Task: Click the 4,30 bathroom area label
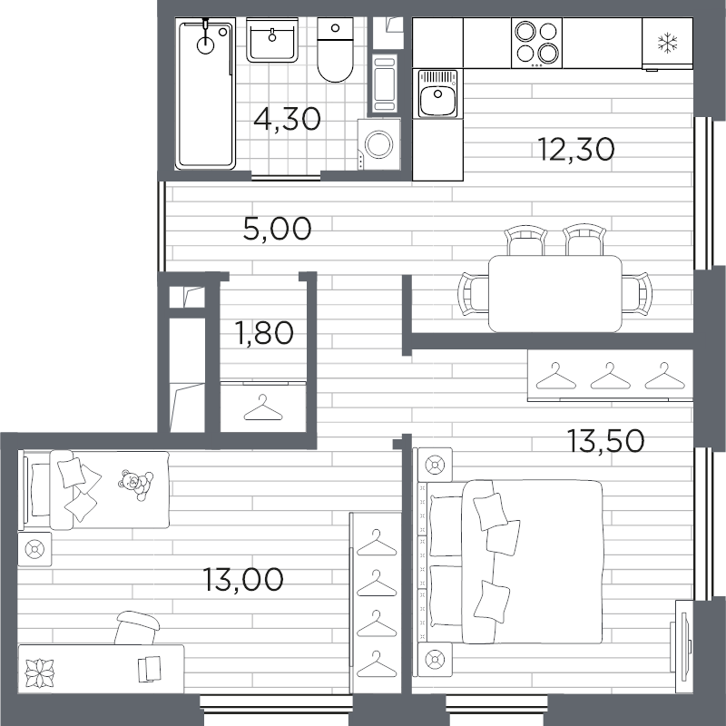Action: [287, 119]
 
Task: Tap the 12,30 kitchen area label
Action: [576, 149]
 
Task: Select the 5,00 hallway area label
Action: [277, 229]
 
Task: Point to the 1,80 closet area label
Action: [264, 332]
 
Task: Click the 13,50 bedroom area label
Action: [605, 440]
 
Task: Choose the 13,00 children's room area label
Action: [243, 579]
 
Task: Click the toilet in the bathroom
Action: [335, 50]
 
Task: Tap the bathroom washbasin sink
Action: [272, 40]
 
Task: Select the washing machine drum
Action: [378, 144]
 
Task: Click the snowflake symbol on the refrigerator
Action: [667, 43]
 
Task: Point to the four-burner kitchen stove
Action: [536, 43]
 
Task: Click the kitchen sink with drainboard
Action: [437, 93]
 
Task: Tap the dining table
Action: [555, 293]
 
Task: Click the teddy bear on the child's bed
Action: [135, 485]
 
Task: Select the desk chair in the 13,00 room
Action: [137, 628]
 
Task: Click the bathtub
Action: [205, 93]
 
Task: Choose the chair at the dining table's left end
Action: [473, 294]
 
